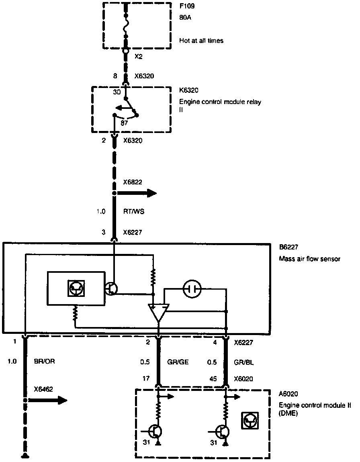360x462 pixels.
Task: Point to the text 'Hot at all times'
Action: pyautogui.click(x=201, y=41)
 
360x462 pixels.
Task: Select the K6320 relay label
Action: pyautogui.click(x=188, y=90)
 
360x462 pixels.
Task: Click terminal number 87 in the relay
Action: pyautogui.click(x=124, y=123)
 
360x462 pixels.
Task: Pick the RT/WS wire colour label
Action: pyautogui.click(x=133, y=211)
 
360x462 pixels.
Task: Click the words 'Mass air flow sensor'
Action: pyautogui.click(x=309, y=259)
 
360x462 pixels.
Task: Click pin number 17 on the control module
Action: pyautogui.click(x=146, y=378)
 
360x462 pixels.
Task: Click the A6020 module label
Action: pyautogui.click(x=288, y=394)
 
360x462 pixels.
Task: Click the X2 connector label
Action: pyautogui.click(x=138, y=57)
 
